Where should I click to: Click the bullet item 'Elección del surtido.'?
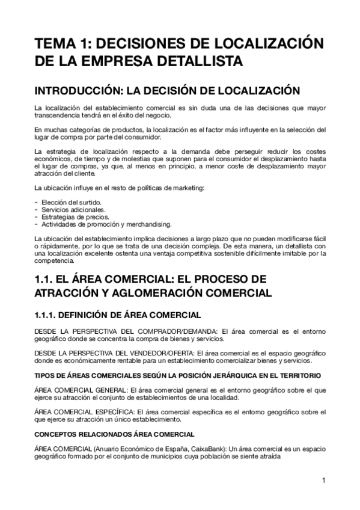(70, 202)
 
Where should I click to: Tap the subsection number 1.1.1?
(48, 315)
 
